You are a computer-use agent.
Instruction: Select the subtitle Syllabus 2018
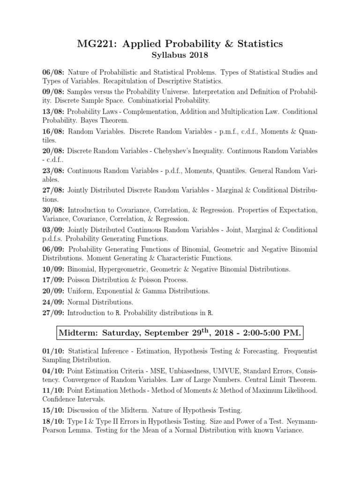click(x=180, y=56)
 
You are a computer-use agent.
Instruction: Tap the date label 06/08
click(x=52, y=73)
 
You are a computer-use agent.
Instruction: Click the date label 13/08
click(x=52, y=112)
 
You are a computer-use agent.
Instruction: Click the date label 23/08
click(x=52, y=171)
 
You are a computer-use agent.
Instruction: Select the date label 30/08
click(x=52, y=210)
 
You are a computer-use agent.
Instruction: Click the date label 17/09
click(x=52, y=280)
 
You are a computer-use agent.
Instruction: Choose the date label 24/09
click(x=52, y=302)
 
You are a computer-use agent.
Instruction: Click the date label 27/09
click(x=52, y=313)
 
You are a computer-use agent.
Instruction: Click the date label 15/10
click(x=52, y=411)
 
